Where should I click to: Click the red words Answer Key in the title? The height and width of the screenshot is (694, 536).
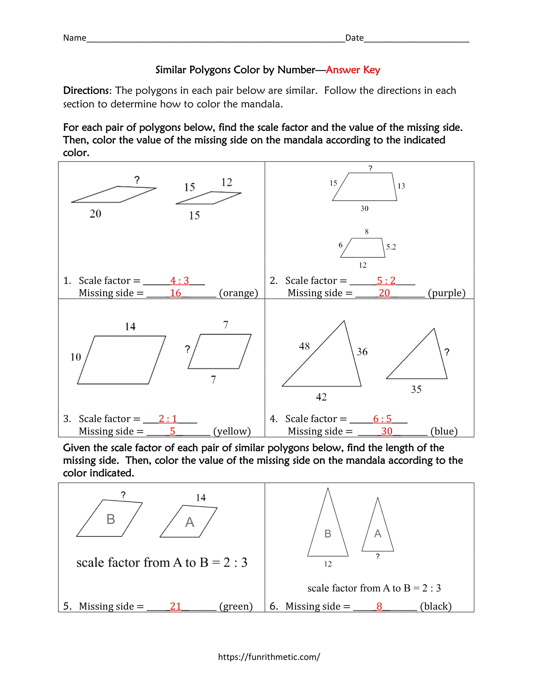click(353, 70)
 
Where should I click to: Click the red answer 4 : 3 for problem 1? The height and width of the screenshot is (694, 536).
click(179, 280)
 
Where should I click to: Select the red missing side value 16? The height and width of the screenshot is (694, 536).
click(175, 293)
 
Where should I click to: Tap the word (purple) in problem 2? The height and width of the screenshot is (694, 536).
click(446, 293)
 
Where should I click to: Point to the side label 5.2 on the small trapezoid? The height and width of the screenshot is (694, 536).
click(391, 247)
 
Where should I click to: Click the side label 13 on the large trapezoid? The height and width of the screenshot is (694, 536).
click(401, 186)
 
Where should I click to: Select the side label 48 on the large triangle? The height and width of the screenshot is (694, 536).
click(304, 346)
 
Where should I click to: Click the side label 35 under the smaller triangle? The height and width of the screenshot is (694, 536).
click(416, 389)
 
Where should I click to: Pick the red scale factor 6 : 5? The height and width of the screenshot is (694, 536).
click(382, 419)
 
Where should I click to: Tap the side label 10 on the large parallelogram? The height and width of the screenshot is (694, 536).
click(76, 357)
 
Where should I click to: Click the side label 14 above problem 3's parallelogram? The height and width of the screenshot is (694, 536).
click(130, 326)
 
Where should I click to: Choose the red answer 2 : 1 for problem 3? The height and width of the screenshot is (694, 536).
click(168, 419)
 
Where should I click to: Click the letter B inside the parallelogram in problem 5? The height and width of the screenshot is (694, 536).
click(110, 519)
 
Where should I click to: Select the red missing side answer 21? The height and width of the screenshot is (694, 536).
click(176, 606)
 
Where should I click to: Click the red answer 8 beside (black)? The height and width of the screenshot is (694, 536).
click(379, 606)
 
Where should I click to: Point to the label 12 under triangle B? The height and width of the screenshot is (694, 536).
click(328, 564)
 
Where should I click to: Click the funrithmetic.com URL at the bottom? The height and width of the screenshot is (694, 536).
click(269, 657)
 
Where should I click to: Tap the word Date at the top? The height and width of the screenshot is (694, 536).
click(354, 38)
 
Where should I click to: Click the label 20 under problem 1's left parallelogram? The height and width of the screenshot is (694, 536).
click(95, 214)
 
